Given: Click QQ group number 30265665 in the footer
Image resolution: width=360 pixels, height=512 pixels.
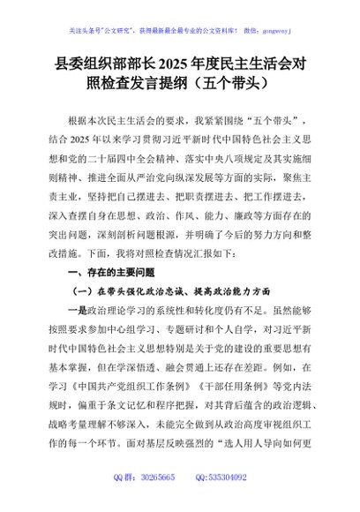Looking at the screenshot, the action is tap(153, 501).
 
